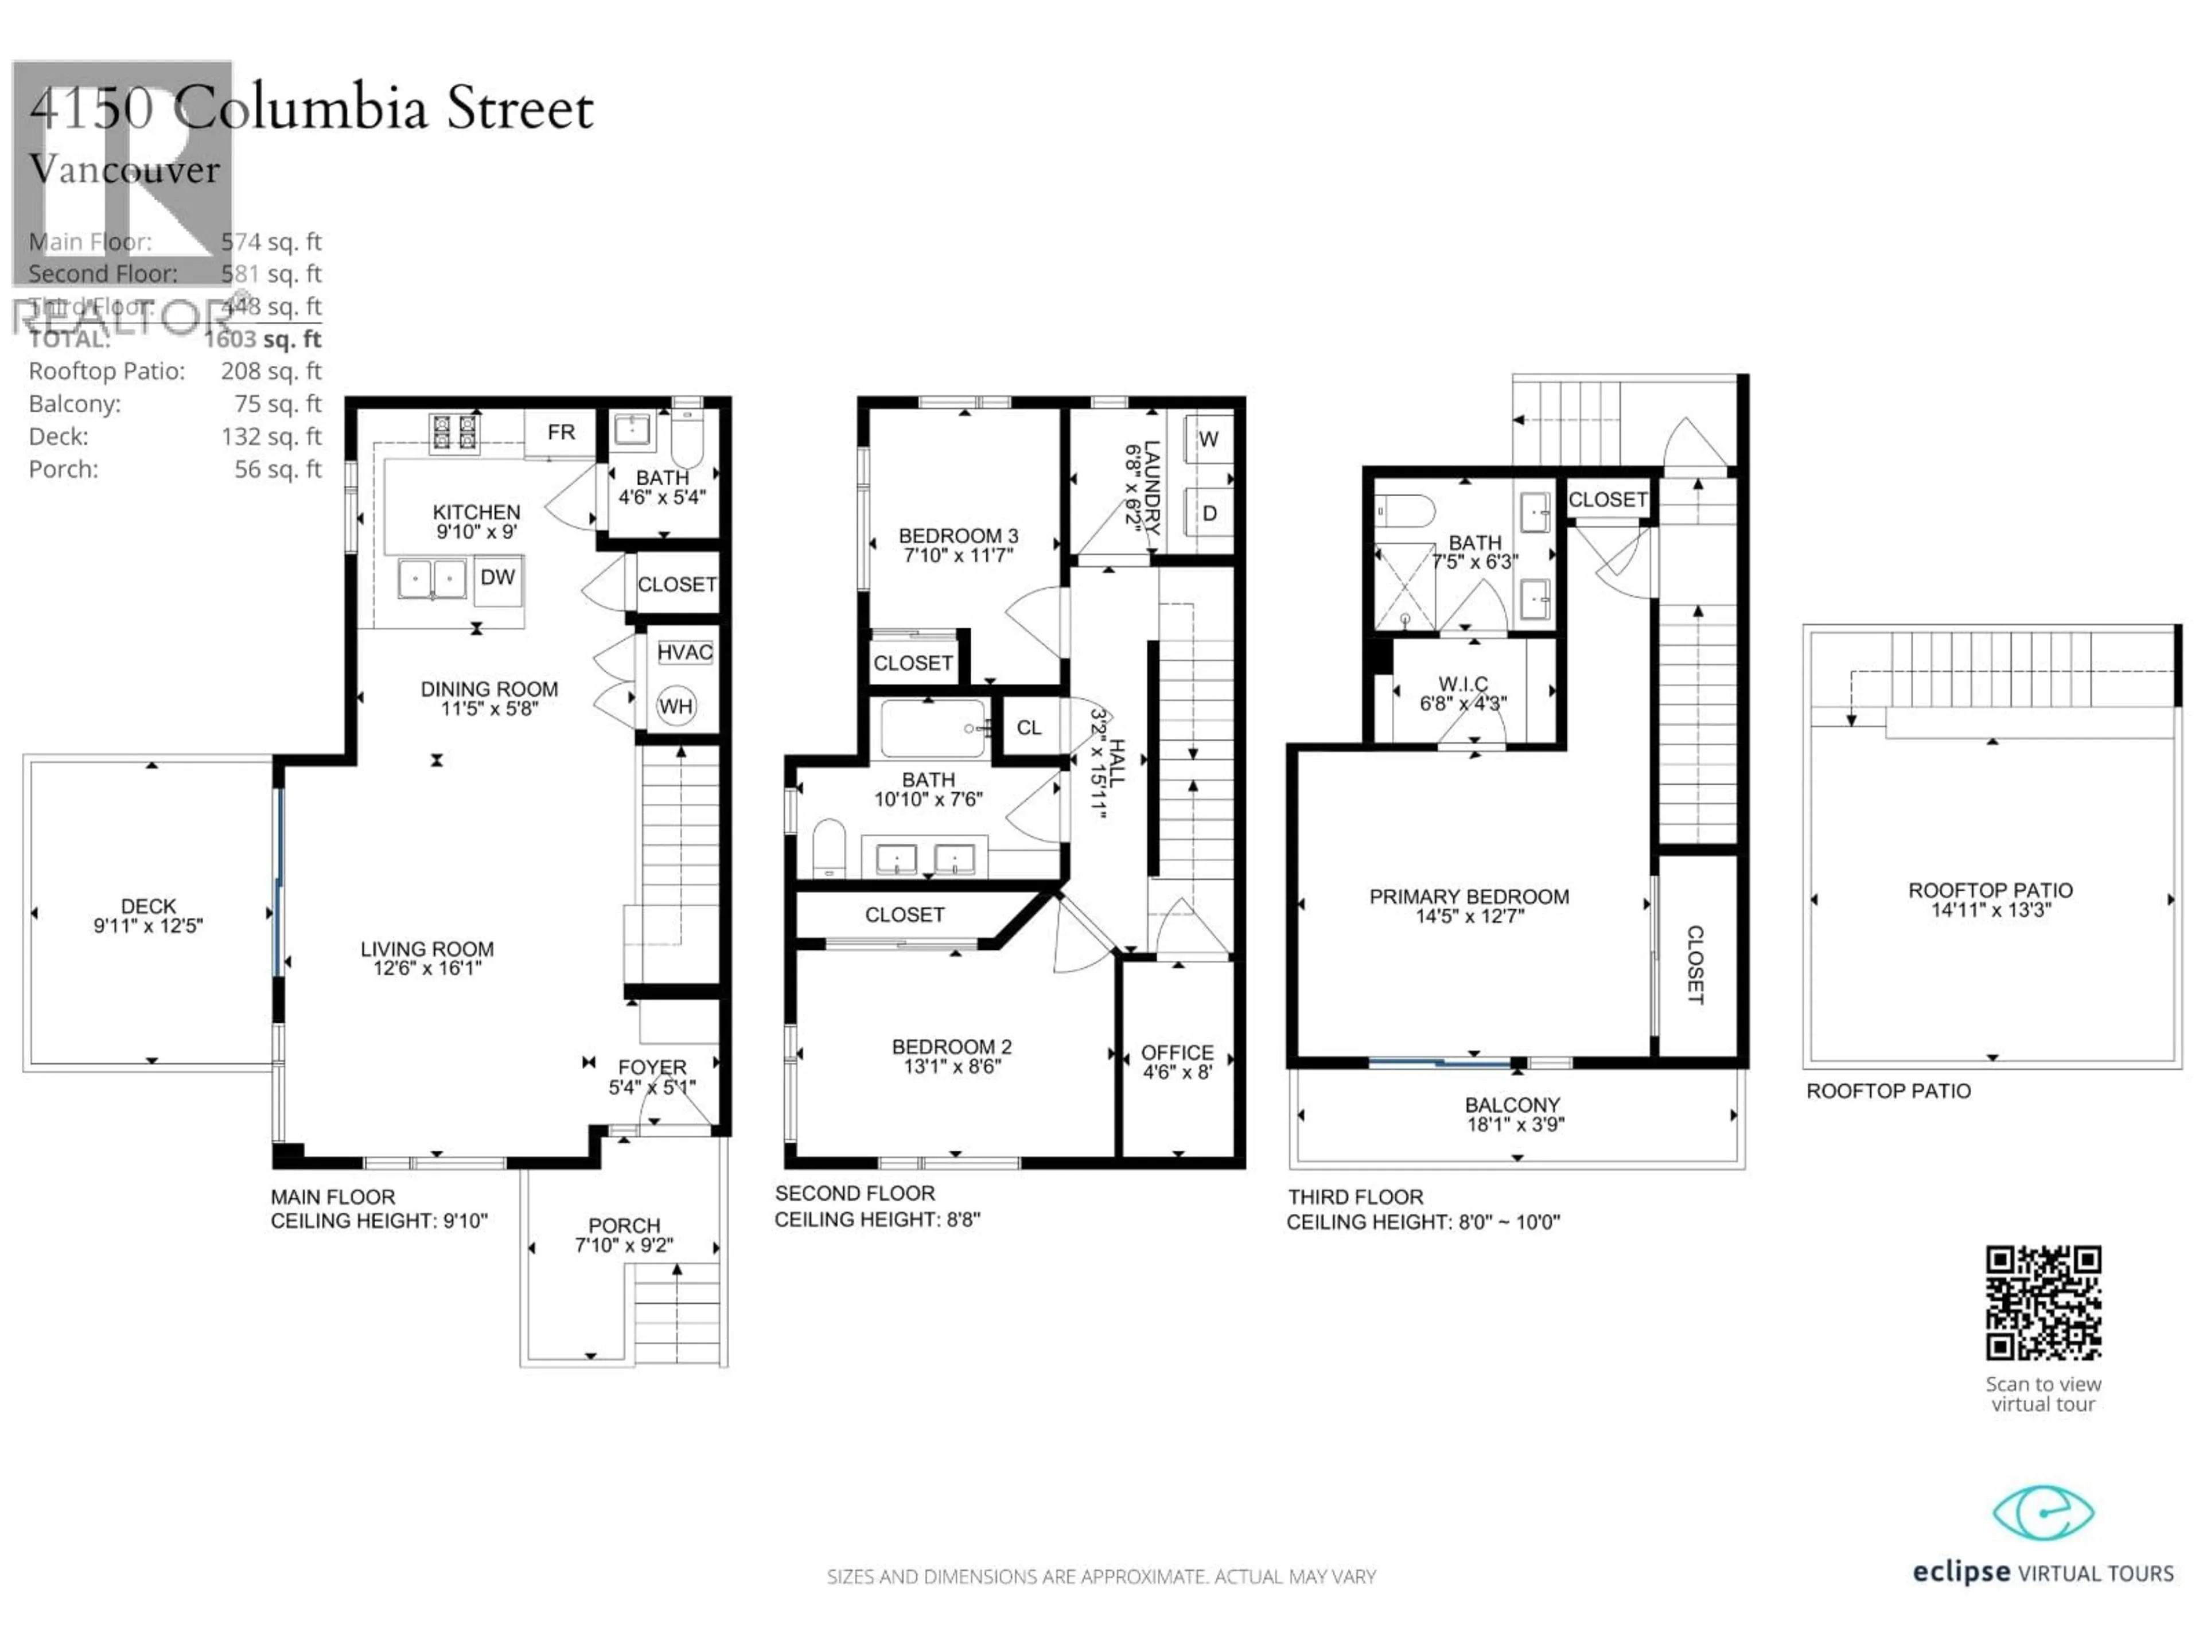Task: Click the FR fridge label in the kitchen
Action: tap(561, 432)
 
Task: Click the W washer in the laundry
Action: tap(1208, 439)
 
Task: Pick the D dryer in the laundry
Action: tap(1209, 513)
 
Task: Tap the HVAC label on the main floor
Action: tap(684, 652)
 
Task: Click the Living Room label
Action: tap(427, 949)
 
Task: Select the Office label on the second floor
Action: tap(1177, 1053)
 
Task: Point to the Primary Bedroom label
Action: tap(1469, 896)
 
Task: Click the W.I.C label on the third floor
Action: tap(1463, 684)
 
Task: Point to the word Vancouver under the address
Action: tap(124, 169)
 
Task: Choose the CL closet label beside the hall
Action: tap(1029, 728)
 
